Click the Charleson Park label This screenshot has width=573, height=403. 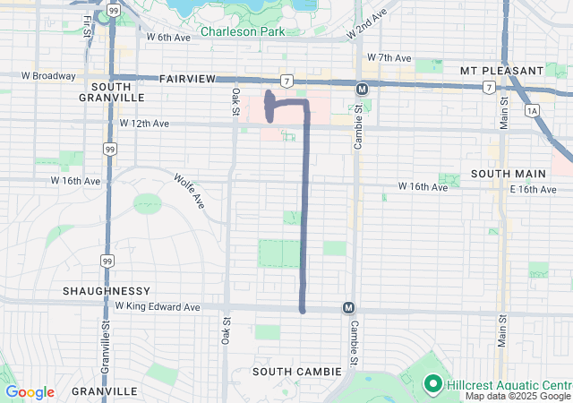click(243, 31)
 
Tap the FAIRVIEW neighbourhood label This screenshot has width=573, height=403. click(187, 79)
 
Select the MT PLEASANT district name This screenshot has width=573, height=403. click(501, 70)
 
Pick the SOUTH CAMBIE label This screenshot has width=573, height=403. click(296, 371)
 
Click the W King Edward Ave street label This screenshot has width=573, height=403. click(158, 306)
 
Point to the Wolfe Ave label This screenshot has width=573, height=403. click(190, 192)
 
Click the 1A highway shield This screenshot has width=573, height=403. click(533, 110)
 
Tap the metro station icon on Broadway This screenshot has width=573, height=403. click(362, 89)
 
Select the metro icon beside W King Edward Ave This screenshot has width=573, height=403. click(348, 308)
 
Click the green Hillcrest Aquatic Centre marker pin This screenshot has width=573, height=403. click(432, 384)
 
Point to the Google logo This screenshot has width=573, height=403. click(30, 392)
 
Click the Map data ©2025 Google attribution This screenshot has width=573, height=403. click(517, 396)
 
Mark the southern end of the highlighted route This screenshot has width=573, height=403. click(303, 310)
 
